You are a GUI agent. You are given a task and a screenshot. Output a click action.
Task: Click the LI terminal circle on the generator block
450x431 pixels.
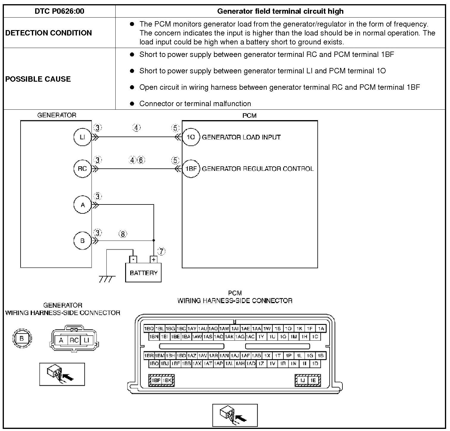click(x=82, y=137)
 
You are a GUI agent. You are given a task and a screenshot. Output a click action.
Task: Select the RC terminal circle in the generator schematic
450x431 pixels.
click(x=82, y=169)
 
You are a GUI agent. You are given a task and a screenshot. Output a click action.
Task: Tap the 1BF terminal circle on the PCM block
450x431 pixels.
click(x=191, y=169)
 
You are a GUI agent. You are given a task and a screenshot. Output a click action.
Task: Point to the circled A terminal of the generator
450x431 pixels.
click(x=82, y=205)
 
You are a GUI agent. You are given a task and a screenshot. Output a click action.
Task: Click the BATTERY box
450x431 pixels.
click(x=143, y=272)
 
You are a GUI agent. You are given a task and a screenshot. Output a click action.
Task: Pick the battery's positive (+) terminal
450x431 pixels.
click(x=153, y=259)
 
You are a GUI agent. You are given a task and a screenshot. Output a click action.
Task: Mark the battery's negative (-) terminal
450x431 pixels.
click(x=133, y=259)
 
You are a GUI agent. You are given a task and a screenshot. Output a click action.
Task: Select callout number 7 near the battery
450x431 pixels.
click(x=161, y=252)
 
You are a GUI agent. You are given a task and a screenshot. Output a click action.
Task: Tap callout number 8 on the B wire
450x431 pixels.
click(x=123, y=234)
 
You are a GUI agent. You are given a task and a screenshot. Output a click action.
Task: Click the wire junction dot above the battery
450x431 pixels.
click(x=154, y=240)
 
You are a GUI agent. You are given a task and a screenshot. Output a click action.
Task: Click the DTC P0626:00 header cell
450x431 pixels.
click(x=59, y=11)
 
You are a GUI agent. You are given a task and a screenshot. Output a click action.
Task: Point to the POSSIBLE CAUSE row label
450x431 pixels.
click(x=38, y=79)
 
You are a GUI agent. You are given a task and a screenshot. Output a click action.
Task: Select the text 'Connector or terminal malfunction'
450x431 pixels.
click(x=195, y=104)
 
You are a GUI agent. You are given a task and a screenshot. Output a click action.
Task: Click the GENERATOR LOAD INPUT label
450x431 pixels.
click(x=241, y=137)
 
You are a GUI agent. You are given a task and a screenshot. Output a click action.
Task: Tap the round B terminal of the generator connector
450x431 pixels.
click(x=22, y=339)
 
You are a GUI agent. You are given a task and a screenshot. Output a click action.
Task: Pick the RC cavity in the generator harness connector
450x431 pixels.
click(x=74, y=340)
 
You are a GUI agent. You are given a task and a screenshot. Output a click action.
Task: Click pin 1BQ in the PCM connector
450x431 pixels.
click(x=149, y=328)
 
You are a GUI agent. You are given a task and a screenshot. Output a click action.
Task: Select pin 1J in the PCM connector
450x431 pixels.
click(x=302, y=380)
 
